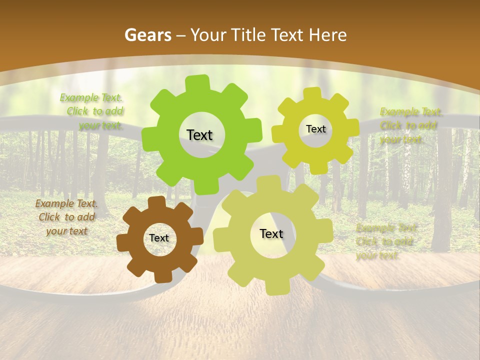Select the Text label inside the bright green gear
[199, 135]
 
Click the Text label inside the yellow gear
[315, 129]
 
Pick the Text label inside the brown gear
[159, 238]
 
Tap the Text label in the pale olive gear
[271, 233]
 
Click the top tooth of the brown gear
[156, 202]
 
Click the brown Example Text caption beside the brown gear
[66, 217]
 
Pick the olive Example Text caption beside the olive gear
[385, 241]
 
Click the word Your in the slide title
[208, 35]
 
